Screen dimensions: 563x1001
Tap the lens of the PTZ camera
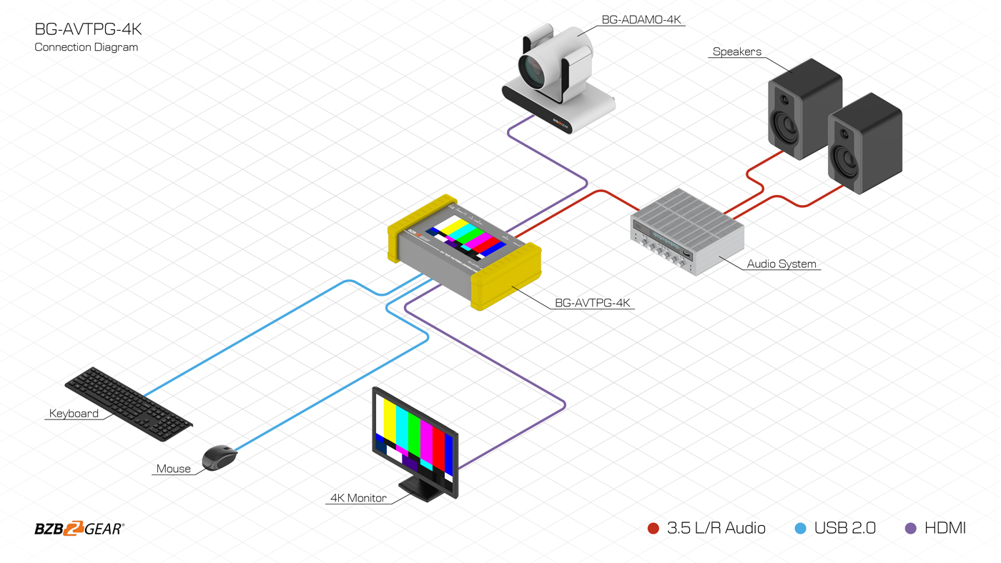533,71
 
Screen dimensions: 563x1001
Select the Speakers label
736,51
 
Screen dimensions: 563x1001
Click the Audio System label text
781,264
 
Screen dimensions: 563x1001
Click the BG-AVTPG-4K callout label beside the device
593,303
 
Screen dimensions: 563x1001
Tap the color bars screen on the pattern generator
465,237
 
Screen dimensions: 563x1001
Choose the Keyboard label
74,414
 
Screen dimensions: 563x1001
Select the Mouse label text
174,469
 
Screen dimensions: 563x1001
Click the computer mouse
220,457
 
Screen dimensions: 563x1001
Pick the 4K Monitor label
358,498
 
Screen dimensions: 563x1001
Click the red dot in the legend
653,529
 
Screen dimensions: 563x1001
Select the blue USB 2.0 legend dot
800,529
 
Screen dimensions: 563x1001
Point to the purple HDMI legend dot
911,529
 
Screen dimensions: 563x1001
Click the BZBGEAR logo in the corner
79,529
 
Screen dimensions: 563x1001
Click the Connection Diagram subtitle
87,47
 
